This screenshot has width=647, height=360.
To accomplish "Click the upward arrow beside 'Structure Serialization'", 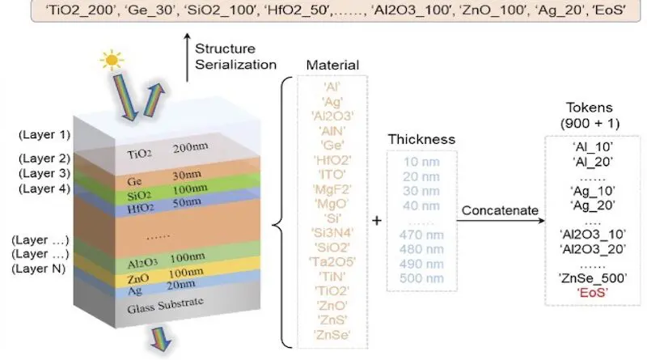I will (x=187, y=58).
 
